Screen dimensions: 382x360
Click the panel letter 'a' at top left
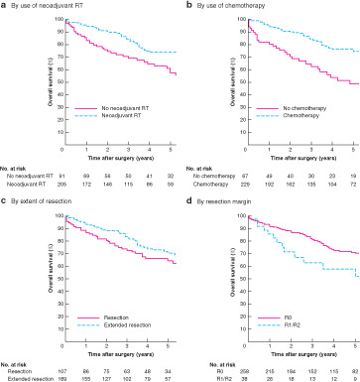coord(4,6)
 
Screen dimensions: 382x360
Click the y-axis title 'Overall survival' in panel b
coord(189,79)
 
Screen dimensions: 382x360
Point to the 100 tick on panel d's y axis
coord(200,213)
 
